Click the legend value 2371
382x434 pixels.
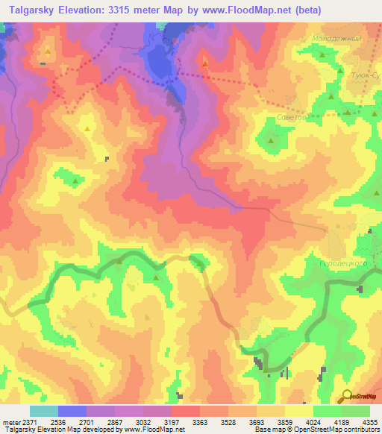[x=28, y=421]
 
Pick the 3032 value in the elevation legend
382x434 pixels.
[x=155, y=421]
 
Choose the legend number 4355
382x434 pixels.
[x=368, y=421]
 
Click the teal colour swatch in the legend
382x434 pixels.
[x=44, y=411]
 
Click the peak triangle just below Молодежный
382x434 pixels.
[x=322, y=55]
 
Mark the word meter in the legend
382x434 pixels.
[x=11, y=421]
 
